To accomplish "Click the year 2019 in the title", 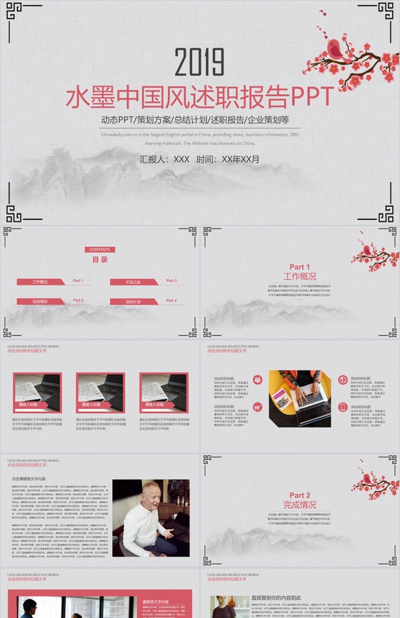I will [x=199, y=63].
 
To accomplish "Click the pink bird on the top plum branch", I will [x=334, y=49].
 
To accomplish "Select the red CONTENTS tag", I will [x=99, y=250].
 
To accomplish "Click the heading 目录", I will [x=100, y=260].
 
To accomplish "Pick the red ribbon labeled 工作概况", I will [x=41, y=282].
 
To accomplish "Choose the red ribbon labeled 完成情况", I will [x=41, y=302].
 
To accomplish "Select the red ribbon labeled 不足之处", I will [x=134, y=282].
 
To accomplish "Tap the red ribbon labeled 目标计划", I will [x=134, y=302].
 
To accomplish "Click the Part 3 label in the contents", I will [x=171, y=281].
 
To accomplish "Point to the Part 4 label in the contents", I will [x=171, y=301].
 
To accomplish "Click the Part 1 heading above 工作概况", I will [x=300, y=267].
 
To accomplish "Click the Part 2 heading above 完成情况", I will [x=300, y=495].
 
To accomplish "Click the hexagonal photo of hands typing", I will [x=300, y=397].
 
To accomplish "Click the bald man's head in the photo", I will [x=151, y=493].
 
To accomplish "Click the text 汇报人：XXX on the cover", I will [x=165, y=159].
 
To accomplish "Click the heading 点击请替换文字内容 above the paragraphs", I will [x=29, y=479].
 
